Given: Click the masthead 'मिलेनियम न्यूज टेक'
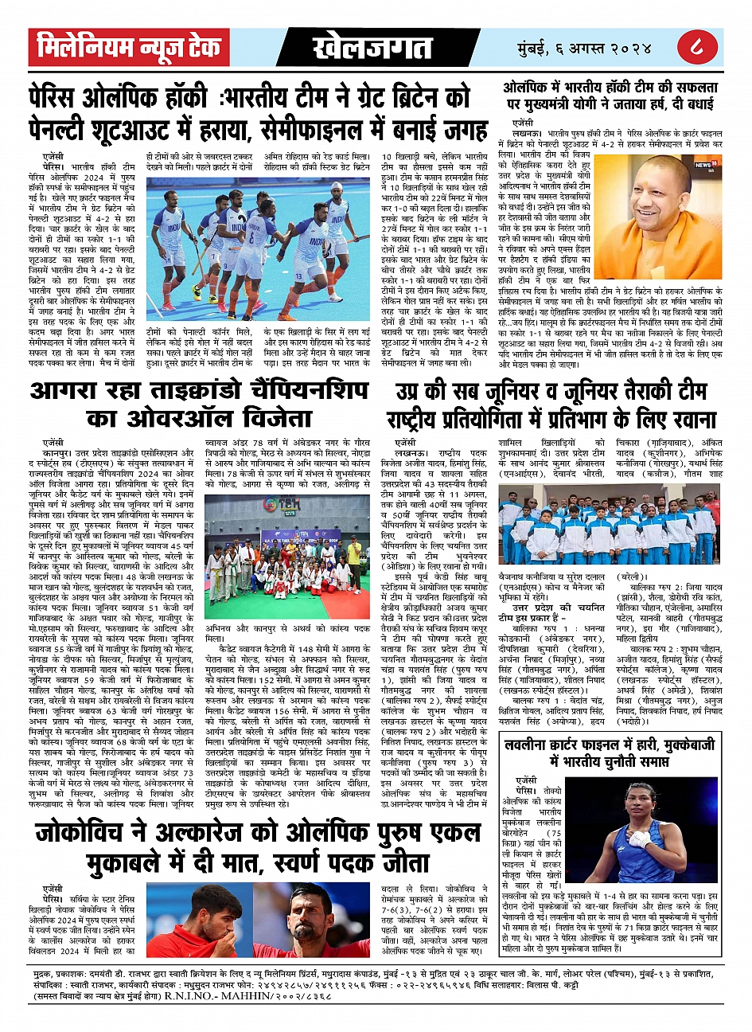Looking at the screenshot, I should tap(129, 48).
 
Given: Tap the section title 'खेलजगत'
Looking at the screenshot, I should tap(361, 49).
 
